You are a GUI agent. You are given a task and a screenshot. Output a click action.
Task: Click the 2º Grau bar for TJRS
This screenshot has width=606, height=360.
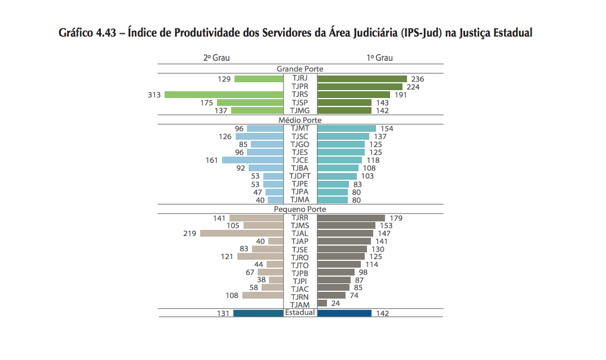(224, 95)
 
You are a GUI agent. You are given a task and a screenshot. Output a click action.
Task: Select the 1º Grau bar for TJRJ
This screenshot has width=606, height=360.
(362, 79)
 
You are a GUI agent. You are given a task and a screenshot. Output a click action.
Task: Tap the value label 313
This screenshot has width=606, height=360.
(154, 95)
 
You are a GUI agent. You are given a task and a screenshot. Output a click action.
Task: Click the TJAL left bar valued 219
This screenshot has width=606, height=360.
(241, 233)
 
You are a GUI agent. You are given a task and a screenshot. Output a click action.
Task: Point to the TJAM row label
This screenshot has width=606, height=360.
(300, 305)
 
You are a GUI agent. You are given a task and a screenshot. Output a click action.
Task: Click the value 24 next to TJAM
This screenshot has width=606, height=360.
(335, 304)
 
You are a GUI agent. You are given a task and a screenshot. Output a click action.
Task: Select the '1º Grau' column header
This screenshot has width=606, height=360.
(380, 58)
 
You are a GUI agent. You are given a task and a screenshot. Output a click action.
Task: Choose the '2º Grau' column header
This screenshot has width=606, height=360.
(216, 58)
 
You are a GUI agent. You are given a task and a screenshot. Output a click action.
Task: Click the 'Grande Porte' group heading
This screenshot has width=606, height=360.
(300, 69)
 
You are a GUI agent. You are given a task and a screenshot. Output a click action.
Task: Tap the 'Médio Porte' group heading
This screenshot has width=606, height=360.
(300, 120)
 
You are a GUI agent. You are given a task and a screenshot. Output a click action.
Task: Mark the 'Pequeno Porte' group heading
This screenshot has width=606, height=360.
(300, 209)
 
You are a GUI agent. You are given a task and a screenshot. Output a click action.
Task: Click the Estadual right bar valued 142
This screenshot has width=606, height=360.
(344, 313)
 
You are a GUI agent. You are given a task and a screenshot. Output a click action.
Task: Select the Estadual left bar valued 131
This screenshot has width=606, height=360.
(258, 313)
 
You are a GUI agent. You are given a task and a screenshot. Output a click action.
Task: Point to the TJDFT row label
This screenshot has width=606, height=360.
(300, 176)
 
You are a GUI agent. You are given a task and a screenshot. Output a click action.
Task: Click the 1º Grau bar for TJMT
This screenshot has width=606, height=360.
(347, 128)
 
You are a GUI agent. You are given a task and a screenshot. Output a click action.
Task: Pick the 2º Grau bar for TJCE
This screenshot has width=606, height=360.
(253, 160)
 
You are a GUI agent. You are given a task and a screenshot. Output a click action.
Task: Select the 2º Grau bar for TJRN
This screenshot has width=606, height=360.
(262, 295)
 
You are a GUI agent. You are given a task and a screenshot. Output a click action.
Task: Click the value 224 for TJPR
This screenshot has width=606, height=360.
(413, 87)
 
